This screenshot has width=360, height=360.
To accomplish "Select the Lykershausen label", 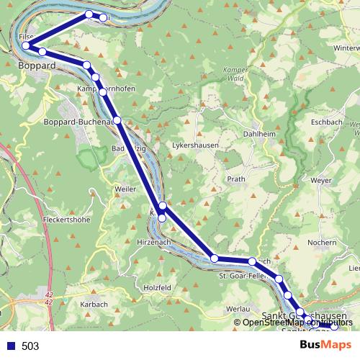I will tap(195, 144).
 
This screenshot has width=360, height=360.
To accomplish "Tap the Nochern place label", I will tap(321, 243).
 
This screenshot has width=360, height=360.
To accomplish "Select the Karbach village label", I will tap(94, 305).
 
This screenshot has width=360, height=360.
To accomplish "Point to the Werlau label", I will tap(237, 308).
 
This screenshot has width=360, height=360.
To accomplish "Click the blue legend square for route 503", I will tap(9, 346).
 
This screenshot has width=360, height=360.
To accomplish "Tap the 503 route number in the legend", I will tap(30, 346).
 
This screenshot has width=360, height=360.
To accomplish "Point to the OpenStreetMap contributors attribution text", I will tap(297, 322).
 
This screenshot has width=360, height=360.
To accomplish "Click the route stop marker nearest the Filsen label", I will tap(27, 45).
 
